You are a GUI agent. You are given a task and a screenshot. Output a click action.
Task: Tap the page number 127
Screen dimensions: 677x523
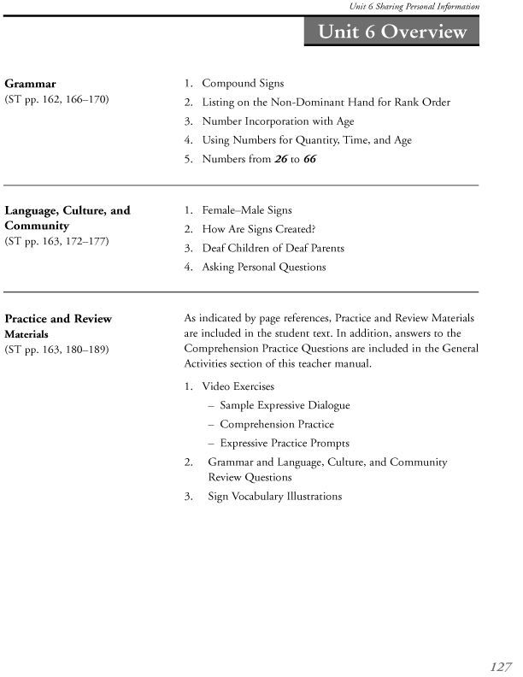(x=501, y=666)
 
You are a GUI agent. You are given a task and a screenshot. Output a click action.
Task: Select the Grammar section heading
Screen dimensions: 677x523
(x=31, y=84)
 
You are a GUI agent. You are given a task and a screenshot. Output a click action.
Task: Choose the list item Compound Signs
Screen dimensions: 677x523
(x=243, y=84)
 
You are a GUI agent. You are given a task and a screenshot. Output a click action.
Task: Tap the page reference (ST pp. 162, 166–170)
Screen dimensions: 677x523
(x=56, y=102)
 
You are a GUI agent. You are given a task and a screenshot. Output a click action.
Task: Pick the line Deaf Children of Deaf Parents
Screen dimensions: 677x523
(x=273, y=248)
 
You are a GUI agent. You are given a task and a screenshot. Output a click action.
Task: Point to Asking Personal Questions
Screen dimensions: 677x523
(x=263, y=267)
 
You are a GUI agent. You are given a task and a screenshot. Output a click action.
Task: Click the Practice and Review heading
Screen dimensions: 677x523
(x=58, y=319)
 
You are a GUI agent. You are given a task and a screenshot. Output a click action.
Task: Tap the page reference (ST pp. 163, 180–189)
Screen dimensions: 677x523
(x=56, y=350)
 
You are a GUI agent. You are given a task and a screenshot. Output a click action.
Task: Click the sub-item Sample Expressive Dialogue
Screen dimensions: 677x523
(x=285, y=406)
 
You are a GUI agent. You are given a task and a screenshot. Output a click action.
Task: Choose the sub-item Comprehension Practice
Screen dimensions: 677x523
(x=276, y=425)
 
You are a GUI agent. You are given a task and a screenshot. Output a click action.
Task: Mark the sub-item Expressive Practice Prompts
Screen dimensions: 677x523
(x=285, y=444)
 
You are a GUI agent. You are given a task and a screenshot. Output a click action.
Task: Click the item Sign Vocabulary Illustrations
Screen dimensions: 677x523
(x=274, y=497)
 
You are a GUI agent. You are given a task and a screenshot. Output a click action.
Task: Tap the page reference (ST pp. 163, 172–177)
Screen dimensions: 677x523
(x=56, y=242)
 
